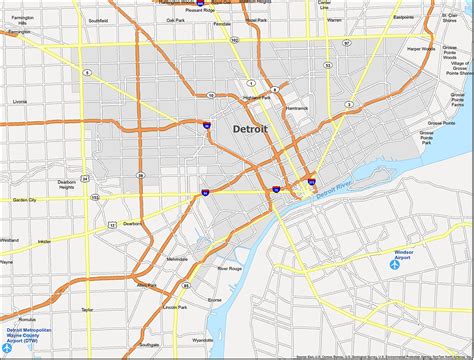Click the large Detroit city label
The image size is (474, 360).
251,129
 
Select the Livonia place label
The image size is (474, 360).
20,101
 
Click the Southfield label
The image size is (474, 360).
98,20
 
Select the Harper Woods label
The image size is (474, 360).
419,47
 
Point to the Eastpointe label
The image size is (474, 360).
404,17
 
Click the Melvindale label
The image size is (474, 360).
149,259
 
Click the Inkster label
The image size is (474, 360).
45,241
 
